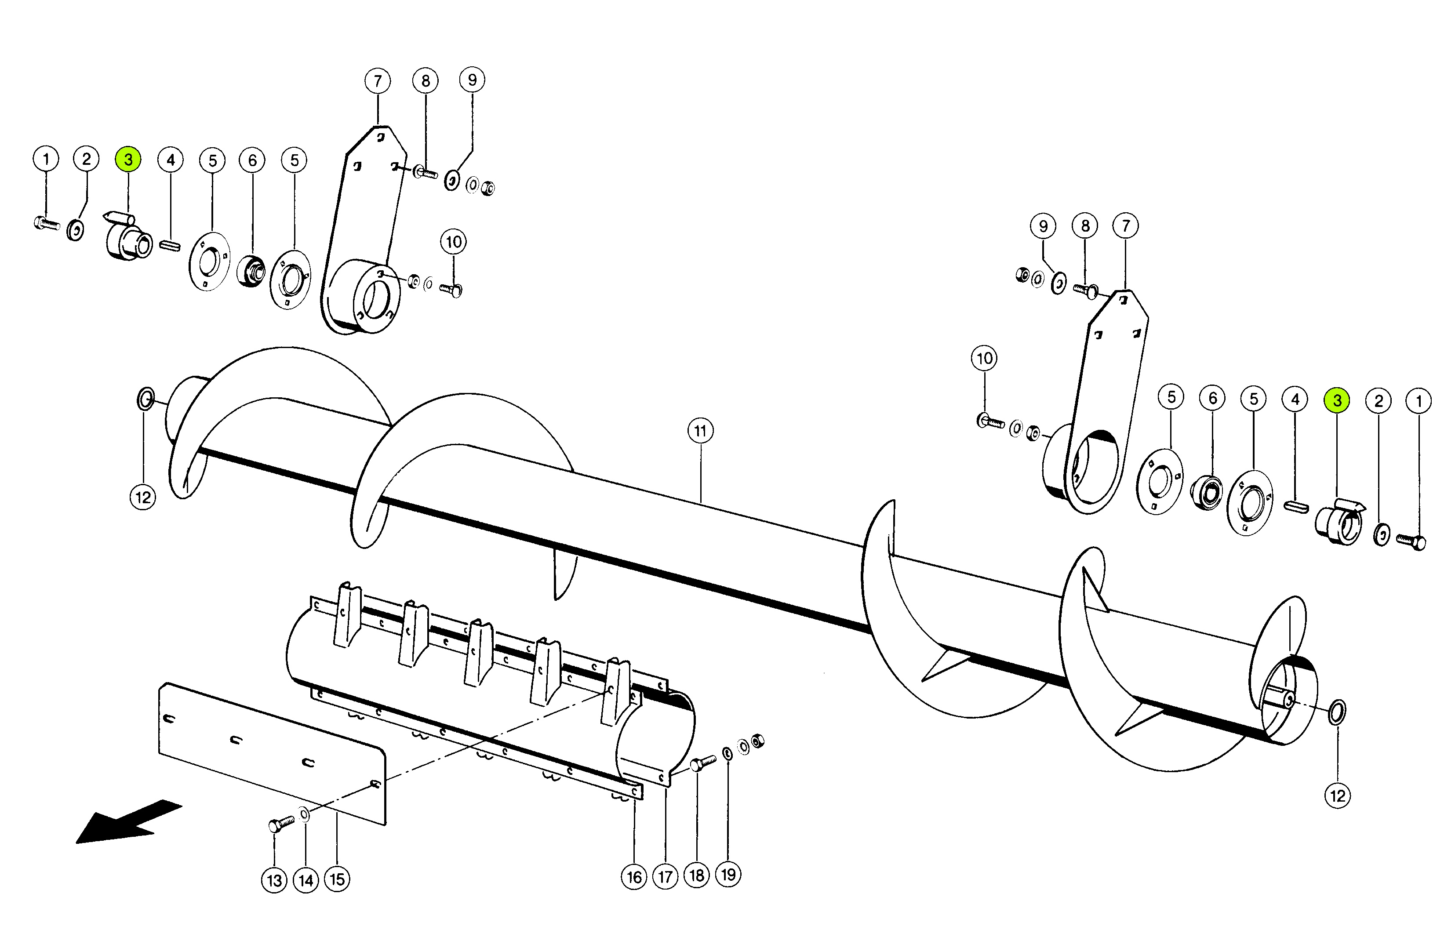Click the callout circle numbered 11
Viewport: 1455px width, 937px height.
700,431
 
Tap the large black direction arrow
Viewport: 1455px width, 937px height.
128,823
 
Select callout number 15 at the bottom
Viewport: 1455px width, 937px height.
337,879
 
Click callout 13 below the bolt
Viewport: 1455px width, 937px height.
274,880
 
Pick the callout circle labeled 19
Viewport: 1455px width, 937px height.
728,875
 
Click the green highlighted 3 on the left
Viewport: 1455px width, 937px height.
128,160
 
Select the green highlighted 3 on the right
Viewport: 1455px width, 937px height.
1337,400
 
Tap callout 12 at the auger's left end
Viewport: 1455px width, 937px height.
143,498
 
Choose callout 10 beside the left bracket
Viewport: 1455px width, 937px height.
453,242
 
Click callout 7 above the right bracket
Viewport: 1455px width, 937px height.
1126,226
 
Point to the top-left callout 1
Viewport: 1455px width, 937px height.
46,160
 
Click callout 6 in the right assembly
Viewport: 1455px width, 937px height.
1213,399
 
